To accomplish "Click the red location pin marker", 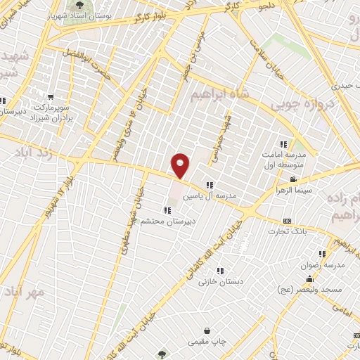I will tap(181, 165).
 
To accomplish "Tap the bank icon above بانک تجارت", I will tap(287, 221).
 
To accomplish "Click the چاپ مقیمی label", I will tap(207, 342).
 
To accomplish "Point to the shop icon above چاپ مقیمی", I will tap(207, 331).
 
